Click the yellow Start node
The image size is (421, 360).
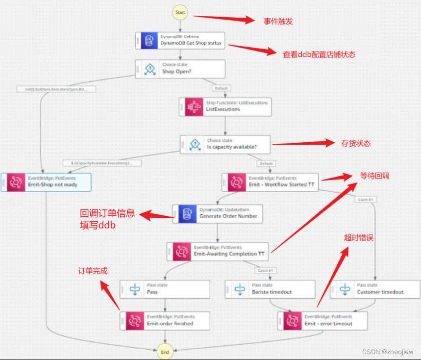point(180,12)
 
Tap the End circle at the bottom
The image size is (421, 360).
point(165,352)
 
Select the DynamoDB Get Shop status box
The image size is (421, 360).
point(180,40)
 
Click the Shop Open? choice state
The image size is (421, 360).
point(180,69)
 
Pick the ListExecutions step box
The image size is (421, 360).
point(225,106)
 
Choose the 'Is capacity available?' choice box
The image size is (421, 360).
point(225,144)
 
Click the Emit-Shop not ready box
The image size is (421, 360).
point(46,182)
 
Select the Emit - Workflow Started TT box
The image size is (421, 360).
point(270,182)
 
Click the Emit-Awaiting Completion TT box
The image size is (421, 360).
point(218,251)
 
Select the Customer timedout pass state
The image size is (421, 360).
point(375,289)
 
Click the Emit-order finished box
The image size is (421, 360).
point(165,321)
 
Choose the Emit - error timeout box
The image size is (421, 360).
point(322,321)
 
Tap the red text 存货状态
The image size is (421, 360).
point(356,143)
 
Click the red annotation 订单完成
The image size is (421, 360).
point(93,271)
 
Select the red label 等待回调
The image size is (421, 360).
point(374,176)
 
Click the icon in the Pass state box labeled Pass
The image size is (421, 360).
point(134,289)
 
